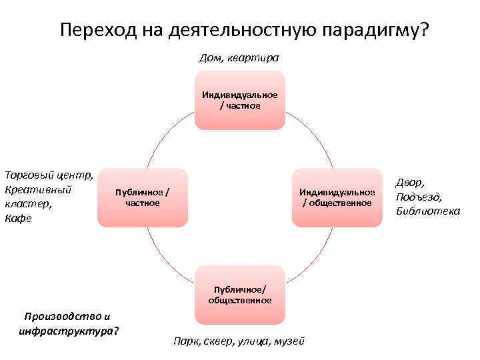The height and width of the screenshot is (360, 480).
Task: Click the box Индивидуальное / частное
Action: coord(239,101)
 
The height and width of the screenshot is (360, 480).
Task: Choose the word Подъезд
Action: coord(418,197)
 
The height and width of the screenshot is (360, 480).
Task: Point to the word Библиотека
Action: coord(427,211)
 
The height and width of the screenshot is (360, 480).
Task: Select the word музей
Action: coord(289,341)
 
